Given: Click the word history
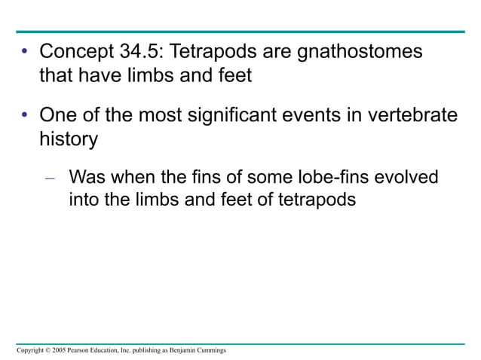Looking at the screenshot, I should (x=69, y=139).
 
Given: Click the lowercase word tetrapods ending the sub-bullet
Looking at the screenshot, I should (x=311, y=201).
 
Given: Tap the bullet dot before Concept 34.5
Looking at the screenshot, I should (x=24, y=53).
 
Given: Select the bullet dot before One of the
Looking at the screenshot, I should (x=24, y=117).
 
